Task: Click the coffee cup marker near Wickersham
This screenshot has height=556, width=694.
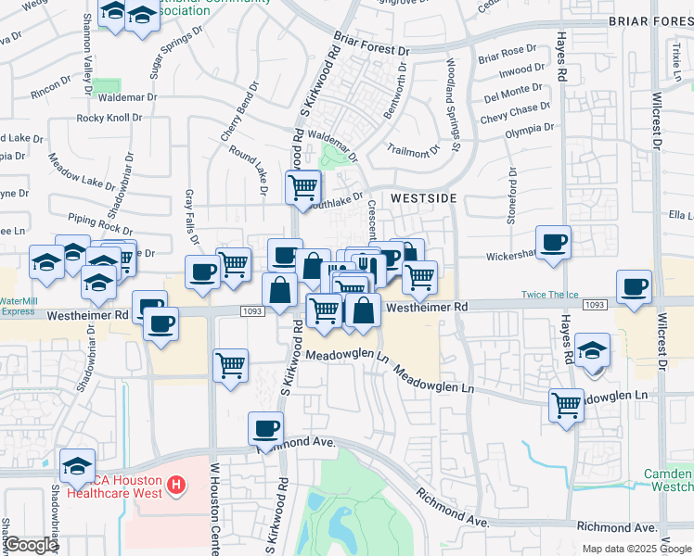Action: coord(553,243)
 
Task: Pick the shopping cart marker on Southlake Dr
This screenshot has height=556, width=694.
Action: coord(303,188)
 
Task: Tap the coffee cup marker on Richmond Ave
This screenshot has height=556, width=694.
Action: coord(266,428)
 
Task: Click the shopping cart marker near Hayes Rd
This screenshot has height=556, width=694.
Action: coord(566,404)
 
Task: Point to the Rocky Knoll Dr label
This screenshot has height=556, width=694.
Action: coord(109,118)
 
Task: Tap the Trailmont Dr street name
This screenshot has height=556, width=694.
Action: coord(413,150)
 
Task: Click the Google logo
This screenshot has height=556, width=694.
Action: coord(32,545)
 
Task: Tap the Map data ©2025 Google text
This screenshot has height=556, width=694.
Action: coord(636,549)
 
